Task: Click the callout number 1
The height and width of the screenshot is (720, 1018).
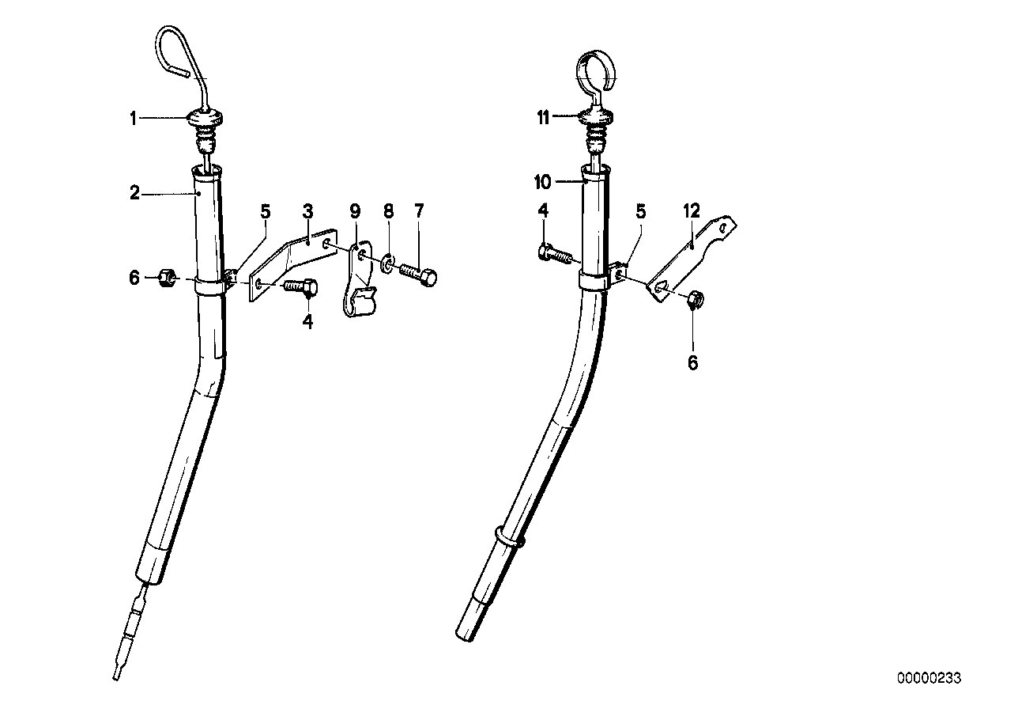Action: (134, 119)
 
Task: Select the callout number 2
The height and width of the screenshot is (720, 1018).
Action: (135, 192)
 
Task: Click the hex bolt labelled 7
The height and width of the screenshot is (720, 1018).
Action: (418, 274)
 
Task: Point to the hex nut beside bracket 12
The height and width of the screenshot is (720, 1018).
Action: (696, 299)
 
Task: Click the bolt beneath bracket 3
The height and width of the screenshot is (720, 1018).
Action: (300, 286)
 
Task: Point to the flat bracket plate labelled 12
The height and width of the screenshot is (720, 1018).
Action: (692, 253)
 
